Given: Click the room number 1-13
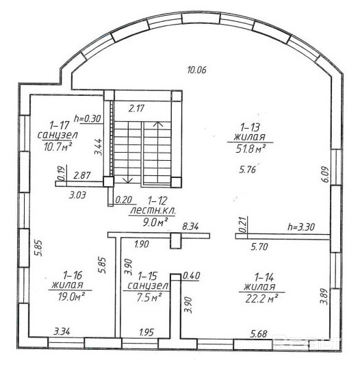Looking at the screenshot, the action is click(250, 127).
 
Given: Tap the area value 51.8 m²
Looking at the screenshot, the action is click(250, 149).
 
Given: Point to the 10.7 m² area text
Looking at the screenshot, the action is click(57, 147).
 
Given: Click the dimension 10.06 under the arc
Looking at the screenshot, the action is click(196, 70).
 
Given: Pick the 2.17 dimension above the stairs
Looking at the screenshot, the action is click(136, 108).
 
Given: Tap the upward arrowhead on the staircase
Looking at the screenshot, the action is click(158, 124).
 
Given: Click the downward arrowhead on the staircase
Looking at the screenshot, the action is click(128, 180).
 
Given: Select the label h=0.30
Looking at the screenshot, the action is click(88, 118).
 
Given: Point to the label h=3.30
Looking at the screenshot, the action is click(301, 227).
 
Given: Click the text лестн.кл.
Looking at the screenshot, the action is click(153, 211).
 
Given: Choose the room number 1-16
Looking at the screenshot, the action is click(73, 275).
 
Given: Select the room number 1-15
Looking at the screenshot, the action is click(147, 276).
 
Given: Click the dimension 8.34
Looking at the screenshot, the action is click(190, 227).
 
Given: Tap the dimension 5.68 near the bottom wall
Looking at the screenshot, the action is click(259, 333).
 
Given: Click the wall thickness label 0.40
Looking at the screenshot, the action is click(192, 275).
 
